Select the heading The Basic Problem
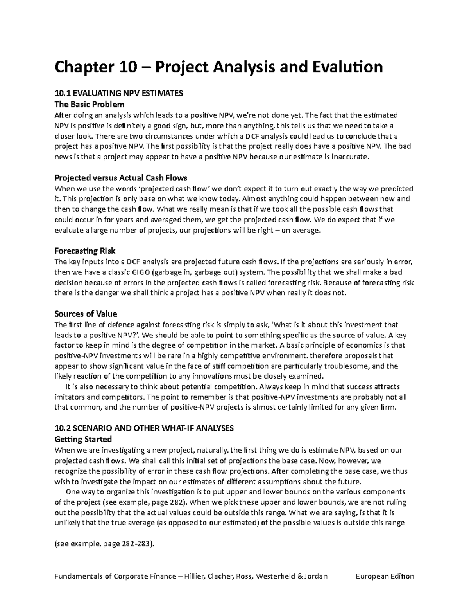[x=90, y=105]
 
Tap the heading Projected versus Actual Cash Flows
[x=121, y=178]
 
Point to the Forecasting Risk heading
[x=85, y=251]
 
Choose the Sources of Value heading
[x=86, y=314]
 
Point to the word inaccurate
[x=351, y=157]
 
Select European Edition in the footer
[x=385, y=576]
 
